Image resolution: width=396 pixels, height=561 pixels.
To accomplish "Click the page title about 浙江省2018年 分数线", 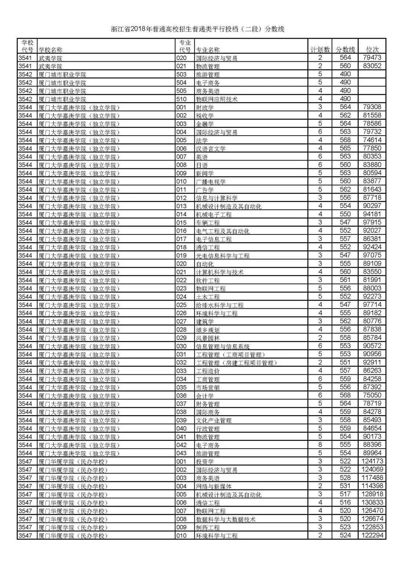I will pos(198,29).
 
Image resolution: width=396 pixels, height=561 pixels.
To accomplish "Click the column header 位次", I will pos(372,50).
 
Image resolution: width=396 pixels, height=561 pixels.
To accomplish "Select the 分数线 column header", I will pos(345,50).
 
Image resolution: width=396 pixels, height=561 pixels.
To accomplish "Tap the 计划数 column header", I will pos(320,50).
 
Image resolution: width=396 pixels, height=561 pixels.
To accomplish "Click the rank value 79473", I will pos(372,58).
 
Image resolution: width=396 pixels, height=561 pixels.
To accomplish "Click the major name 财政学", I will pos(205,107).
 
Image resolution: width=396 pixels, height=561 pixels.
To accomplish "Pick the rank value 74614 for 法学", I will pos(372,140).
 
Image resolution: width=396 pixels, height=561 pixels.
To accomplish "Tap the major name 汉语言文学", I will pos(211,148).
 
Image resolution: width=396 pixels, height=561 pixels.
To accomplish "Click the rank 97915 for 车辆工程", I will pos(372,222).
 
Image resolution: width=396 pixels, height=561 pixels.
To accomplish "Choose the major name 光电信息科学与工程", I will pos(223,255).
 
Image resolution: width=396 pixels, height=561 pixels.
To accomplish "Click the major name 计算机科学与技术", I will pos(220,272).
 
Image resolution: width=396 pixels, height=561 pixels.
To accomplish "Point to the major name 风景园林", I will pos(208,338).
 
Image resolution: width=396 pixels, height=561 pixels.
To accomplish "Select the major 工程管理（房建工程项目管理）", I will pos(236,363).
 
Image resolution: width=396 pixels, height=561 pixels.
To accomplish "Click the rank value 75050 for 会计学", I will pos(372,395).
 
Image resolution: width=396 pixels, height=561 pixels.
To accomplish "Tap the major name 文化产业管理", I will pos(214,420).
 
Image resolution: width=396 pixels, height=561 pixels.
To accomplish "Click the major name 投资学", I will pos(205,461).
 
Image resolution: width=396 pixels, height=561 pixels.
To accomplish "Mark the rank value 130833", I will pos(372,503).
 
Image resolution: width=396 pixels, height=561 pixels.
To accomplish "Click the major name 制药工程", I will pos(208,528).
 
